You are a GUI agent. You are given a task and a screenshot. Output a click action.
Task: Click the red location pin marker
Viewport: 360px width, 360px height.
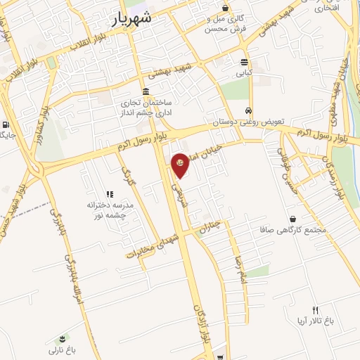[181, 165]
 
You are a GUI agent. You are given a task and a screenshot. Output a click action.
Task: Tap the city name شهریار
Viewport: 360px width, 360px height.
[132, 20]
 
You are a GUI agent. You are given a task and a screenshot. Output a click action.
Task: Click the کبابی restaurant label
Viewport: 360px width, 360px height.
[243, 72]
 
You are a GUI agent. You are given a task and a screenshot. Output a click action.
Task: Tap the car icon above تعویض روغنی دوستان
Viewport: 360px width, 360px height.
[249, 110]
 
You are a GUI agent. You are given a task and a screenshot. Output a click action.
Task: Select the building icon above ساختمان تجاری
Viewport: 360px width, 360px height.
[146, 91]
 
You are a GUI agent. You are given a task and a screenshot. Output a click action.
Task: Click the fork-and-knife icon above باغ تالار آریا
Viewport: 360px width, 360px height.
[315, 310]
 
